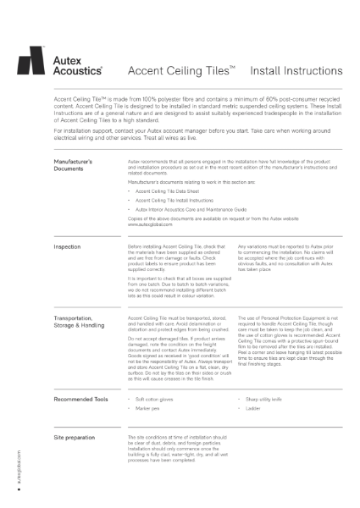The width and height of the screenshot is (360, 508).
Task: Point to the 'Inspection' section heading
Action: (x=68, y=247)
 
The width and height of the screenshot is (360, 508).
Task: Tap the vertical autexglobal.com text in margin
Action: (x=18, y=474)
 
